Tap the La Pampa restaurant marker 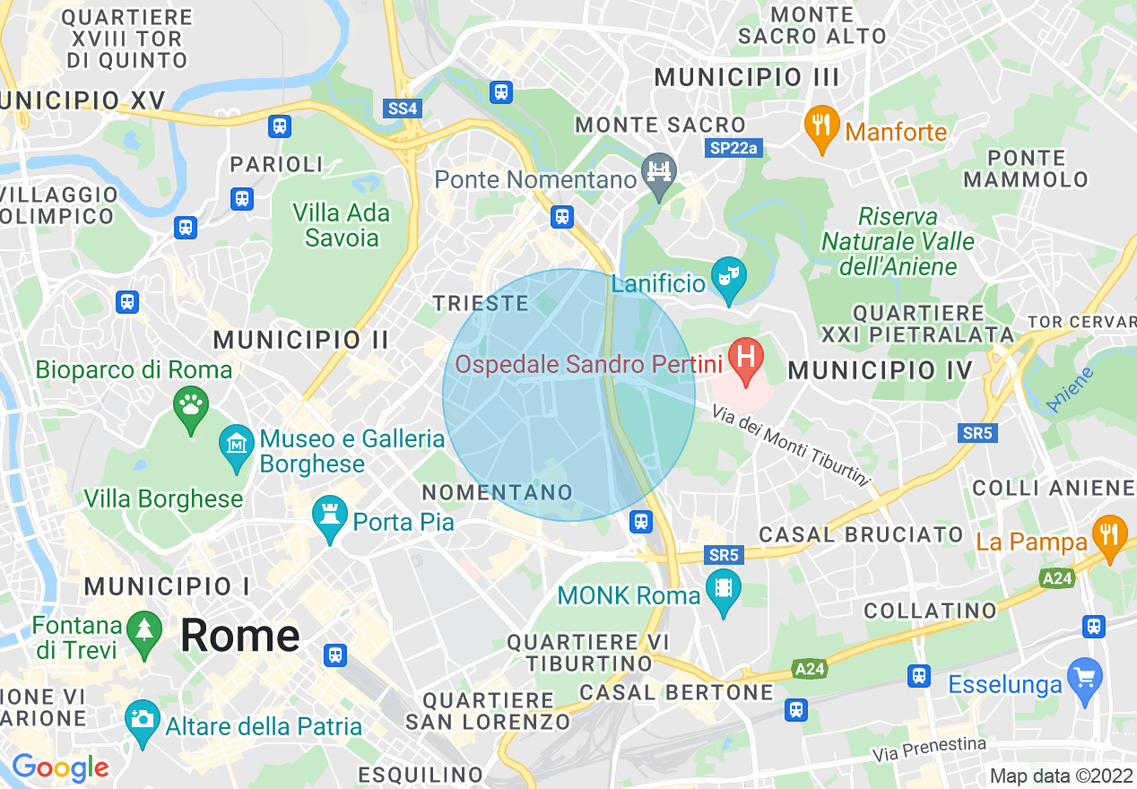[x=1109, y=536]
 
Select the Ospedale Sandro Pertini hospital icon [x=744, y=360]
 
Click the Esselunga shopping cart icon [x=1086, y=679]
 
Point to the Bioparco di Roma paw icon [x=190, y=408]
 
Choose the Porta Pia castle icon [x=329, y=516]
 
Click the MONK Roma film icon [x=724, y=590]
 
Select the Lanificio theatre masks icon [x=728, y=278]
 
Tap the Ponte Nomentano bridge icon [x=660, y=174]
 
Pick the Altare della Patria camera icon [x=142, y=720]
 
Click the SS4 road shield [x=402, y=108]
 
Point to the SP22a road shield [x=733, y=149]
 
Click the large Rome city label [x=239, y=636]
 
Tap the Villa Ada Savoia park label [x=342, y=225]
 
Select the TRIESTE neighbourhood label [x=481, y=303]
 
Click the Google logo [x=59, y=768]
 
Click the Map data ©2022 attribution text [x=1061, y=776]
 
